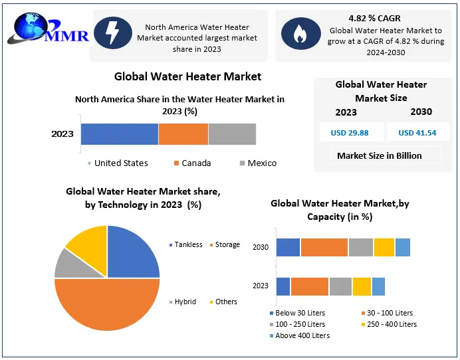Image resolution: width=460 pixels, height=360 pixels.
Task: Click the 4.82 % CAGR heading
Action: coord(374,18)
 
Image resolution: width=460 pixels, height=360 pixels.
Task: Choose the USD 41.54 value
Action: coord(417,133)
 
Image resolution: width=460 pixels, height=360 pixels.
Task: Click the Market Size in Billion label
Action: coord(379,156)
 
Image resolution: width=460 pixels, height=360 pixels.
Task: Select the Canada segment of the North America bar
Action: coord(183,134)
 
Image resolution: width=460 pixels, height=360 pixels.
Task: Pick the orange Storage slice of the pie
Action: coord(106,306)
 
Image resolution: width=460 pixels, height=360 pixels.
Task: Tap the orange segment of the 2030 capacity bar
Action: coord(324,247)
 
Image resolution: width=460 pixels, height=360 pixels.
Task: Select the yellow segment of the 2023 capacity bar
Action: coord(362,286)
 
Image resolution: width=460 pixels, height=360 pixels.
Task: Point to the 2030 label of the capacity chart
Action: coord(261,247)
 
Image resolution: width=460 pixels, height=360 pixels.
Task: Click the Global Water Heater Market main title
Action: coord(187,76)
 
